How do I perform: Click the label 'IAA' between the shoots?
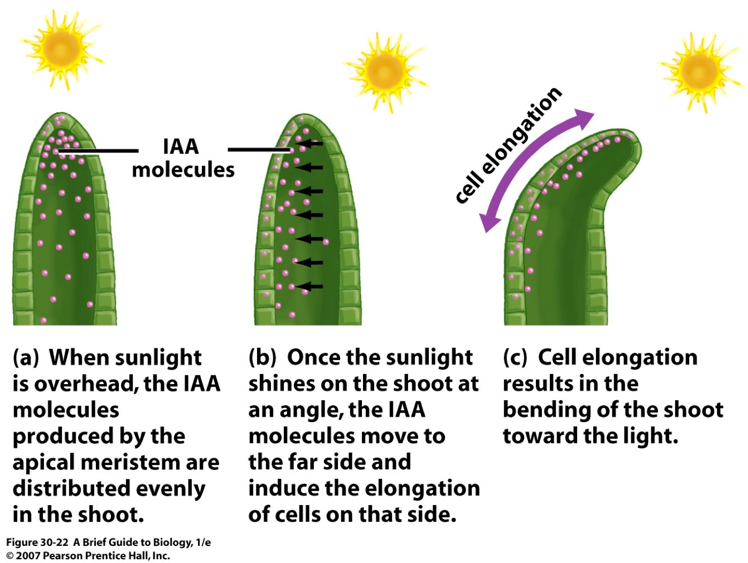click(180, 147)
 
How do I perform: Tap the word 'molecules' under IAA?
click(183, 170)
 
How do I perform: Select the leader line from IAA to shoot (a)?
click(99, 151)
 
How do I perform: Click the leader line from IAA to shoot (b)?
click(259, 149)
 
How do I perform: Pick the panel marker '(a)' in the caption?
click(26, 358)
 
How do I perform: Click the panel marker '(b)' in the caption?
click(262, 358)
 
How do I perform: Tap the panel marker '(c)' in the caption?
click(515, 358)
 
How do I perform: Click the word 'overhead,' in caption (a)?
click(87, 384)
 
